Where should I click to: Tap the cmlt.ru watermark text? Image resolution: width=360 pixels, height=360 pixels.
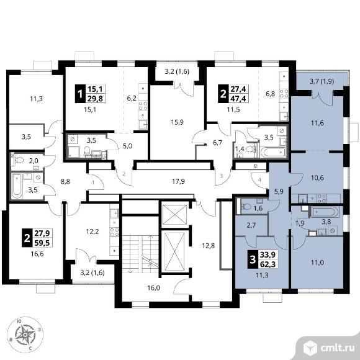click(x=337, y=348)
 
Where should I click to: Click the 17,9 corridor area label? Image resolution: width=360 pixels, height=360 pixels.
click(x=178, y=182)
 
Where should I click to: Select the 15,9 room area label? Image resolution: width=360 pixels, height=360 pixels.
click(x=177, y=122)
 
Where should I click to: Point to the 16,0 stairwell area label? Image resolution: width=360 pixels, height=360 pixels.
click(x=153, y=288)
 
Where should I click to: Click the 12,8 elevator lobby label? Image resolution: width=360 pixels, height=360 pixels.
click(x=208, y=246)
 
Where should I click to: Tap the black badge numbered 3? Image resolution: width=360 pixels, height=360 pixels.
click(x=253, y=260)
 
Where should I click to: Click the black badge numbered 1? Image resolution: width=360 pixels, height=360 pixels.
click(x=80, y=94)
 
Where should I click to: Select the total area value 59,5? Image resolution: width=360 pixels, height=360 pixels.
click(x=42, y=243)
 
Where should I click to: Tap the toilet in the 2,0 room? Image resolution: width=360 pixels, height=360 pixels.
click(x=19, y=160)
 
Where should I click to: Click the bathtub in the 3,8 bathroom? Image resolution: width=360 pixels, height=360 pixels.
click(x=324, y=212)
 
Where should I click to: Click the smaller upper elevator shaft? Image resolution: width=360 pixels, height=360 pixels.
click(x=174, y=215)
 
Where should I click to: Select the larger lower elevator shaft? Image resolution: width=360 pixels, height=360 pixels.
click(x=174, y=251)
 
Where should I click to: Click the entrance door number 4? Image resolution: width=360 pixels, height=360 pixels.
click(x=259, y=180)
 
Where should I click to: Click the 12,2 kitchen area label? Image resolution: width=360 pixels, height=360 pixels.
click(x=92, y=232)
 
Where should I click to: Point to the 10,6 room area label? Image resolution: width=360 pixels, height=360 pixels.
click(x=317, y=178)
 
